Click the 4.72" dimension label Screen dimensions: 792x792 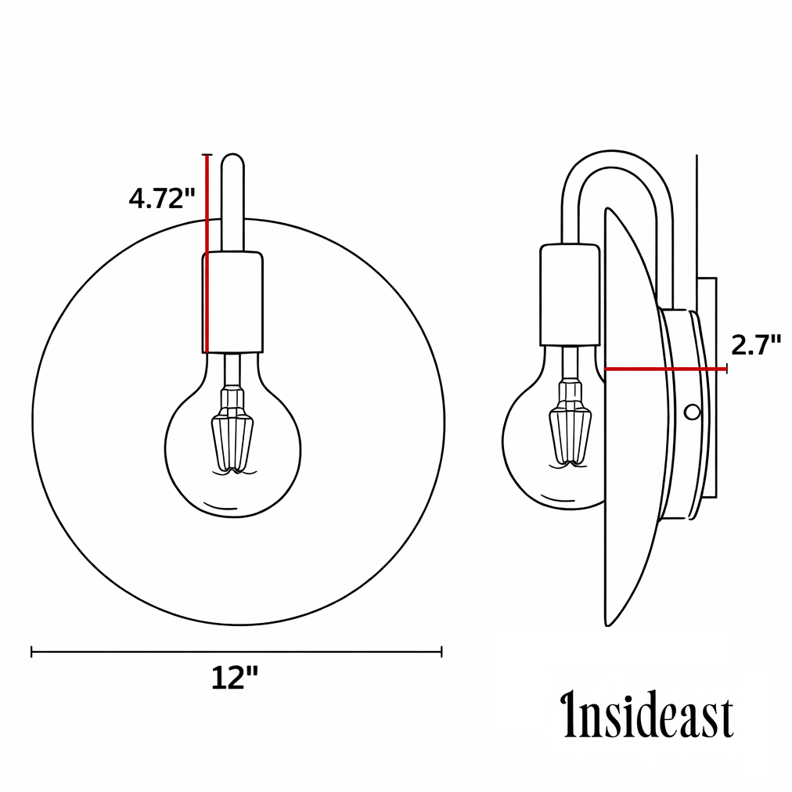pos(161,198)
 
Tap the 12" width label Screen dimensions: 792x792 pos(234,678)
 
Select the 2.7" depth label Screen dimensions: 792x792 pos(755,344)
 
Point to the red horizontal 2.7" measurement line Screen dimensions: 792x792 pos(665,369)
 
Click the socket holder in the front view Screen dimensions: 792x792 pos(233,301)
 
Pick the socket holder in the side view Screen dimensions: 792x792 pos(569,293)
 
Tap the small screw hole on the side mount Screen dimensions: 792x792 pos(692,412)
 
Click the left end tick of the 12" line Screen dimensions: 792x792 pos(31,651)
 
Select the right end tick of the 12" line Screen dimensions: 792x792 pos(442,651)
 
